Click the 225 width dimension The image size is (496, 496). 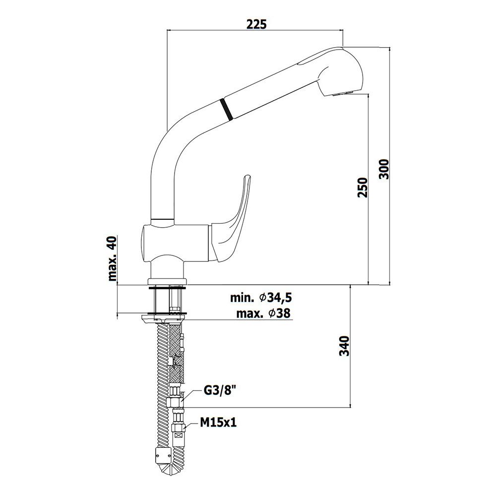pyautogui.click(x=256, y=24)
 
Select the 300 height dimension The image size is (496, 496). pyautogui.click(x=384, y=169)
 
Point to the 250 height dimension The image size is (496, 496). pyautogui.click(x=363, y=187)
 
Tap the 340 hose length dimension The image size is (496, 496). pyautogui.click(x=345, y=346)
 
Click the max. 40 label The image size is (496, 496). pyautogui.click(x=113, y=258)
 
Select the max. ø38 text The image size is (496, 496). pyautogui.click(x=263, y=313)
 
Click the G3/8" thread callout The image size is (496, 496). pyautogui.click(x=220, y=391)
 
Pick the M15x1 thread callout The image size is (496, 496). pyautogui.click(x=218, y=422)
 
